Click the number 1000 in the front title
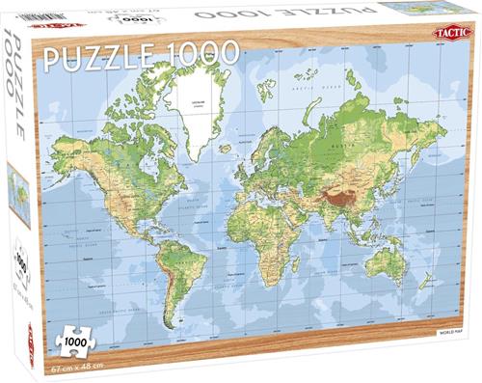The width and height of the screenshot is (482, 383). [200, 54]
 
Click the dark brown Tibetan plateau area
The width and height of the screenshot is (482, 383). [341, 194]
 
